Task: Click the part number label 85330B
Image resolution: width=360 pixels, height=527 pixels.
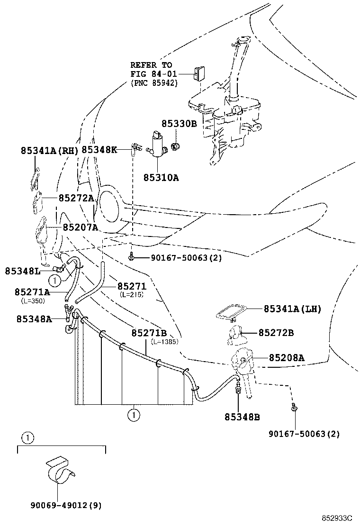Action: [x=179, y=124]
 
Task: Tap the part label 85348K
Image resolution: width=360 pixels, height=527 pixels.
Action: [x=99, y=150]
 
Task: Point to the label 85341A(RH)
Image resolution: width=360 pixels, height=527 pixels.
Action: [x=49, y=150]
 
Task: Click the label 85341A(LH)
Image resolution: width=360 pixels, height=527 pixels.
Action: [x=292, y=309]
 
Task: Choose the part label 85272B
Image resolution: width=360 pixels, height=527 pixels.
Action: [x=276, y=333]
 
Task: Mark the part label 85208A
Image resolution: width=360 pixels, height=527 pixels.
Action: [x=287, y=358]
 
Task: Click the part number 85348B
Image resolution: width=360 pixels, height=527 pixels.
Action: [x=242, y=417]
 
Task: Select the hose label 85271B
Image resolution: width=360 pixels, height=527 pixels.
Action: [x=149, y=333]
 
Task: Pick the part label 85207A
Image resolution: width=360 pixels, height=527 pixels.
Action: [x=80, y=227]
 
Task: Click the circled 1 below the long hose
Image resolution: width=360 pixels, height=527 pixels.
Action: [x=134, y=415]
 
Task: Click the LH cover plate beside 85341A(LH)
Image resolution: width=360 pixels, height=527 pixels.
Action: [x=233, y=312]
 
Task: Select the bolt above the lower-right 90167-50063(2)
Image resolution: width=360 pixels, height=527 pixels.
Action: [x=294, y=407]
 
